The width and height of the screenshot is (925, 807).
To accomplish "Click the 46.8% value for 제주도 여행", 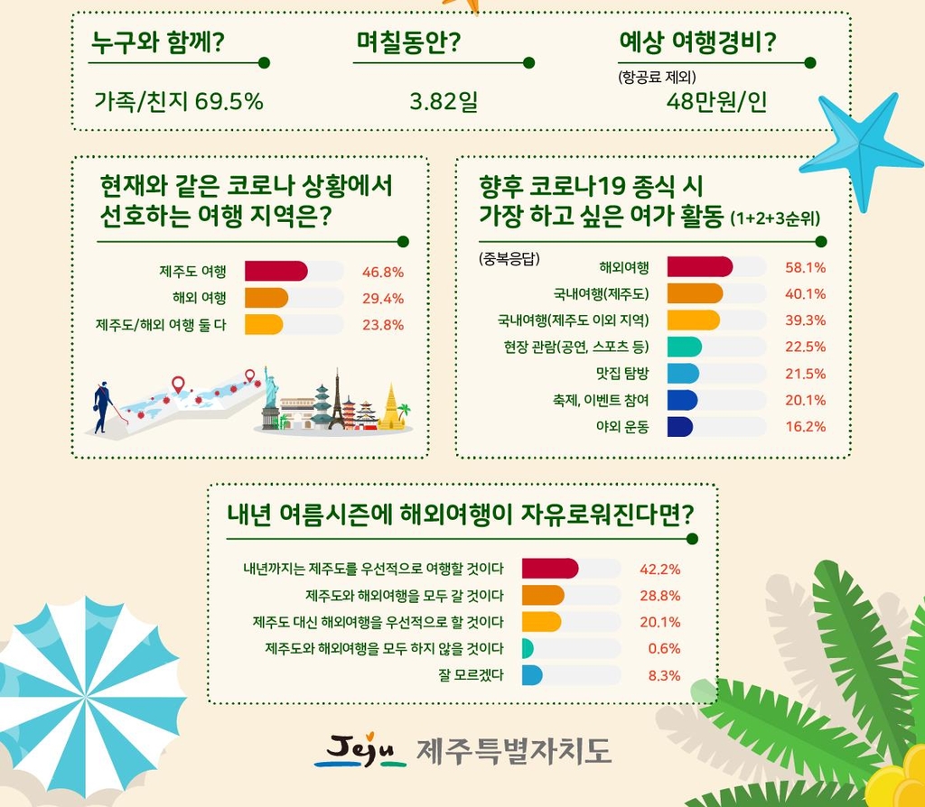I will click(x=382, y=272).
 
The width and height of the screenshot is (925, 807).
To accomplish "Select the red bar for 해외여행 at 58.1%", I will click(x=699, y=267).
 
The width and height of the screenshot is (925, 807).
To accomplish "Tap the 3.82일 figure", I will click(x=443, y=101).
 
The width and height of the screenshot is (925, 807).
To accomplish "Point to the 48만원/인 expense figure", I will click(x=716, y=101).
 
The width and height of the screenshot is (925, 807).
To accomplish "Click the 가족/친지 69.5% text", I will click(x=179, y=101).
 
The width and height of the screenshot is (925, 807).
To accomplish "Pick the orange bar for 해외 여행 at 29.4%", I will click(x=266, y=298).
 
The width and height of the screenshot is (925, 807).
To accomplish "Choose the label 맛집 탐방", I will click(x=624, y=374).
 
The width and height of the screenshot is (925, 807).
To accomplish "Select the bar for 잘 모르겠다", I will click(x=532, y=675).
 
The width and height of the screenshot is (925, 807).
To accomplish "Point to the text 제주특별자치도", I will click(x=513, y=750).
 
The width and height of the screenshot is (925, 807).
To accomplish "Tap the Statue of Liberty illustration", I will click(x=270, y=397).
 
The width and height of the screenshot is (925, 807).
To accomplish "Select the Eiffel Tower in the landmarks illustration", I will click(x=336, y=403).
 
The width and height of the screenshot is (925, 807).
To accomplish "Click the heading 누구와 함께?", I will click(x=158, y=42).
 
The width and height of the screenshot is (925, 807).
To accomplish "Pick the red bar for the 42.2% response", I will click(x=550, y=569).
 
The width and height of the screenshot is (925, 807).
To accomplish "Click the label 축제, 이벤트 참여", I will click(x=602, y=400).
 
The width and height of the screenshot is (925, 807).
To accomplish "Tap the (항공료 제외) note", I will click(x=657, y=77).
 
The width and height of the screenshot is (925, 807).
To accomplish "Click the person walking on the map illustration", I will click(x=102, y=405).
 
